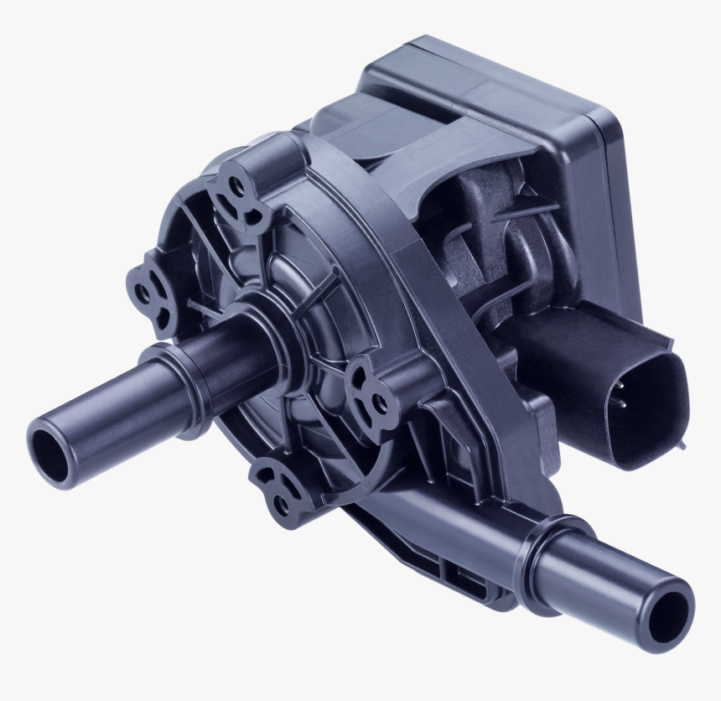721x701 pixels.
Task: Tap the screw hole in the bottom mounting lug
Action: coord(280,504)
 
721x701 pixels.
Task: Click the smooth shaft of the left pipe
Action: coord(101,419)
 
